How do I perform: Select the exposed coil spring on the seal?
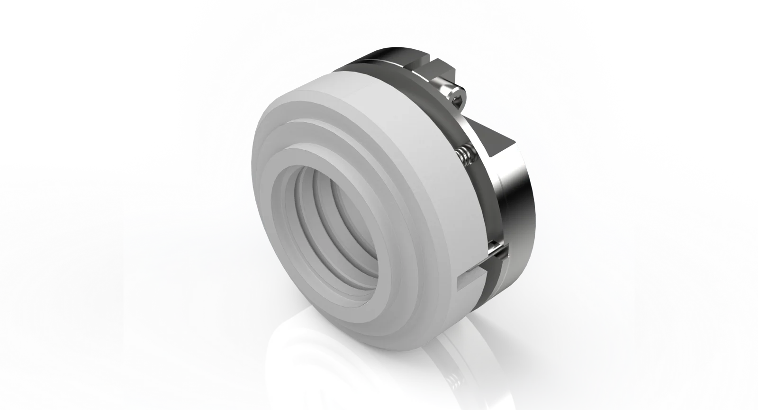(x=465, y=155)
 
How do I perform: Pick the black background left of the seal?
(x=95, y=95)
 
